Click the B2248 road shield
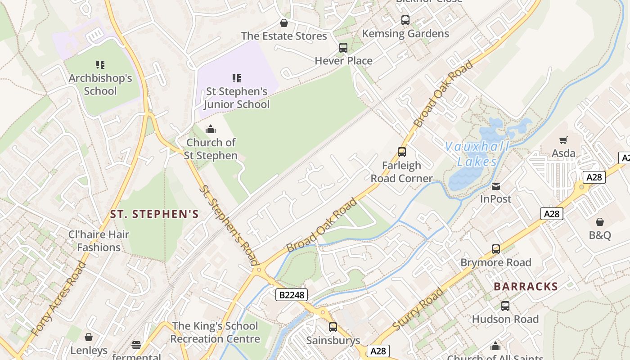[292, 295]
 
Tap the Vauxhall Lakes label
[477, 154]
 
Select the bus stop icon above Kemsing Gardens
[405, 20]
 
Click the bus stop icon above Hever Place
[343, 47]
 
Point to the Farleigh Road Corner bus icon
[402, 152]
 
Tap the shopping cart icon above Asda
[563, 140]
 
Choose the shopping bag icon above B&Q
[600, 222]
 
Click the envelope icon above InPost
[496, 186]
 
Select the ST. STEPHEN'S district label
[154, 214]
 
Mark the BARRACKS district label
[526, 287]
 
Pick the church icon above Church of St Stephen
[211, 130]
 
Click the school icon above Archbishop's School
[100, 65]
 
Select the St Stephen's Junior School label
[236, 98]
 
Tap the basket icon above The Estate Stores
[284, 22]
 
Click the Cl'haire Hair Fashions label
[99, 241]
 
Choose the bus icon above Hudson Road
[505, 306]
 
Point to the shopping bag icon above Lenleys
[89, 337]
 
